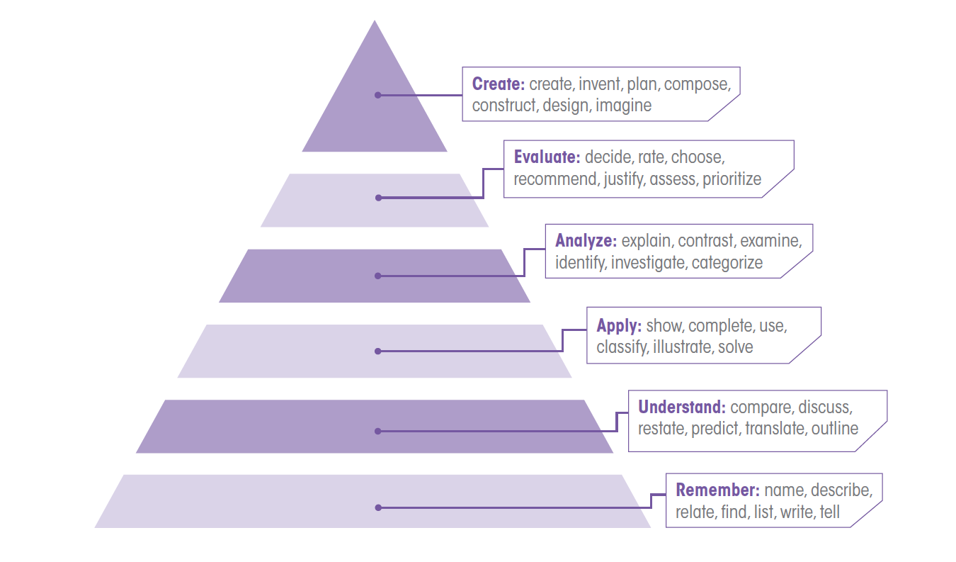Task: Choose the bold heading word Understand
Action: [681, 408]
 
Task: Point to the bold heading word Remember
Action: [717, 490]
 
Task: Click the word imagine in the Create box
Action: [623, 106]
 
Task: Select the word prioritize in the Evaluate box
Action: [732, 179]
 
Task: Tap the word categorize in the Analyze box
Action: [727, 263]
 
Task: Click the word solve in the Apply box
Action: [735, 347]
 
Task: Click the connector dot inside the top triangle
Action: [378, 95]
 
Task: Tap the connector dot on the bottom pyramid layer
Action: [378, 507]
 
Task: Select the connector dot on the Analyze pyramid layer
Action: [378, 276]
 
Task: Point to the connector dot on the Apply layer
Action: [378, 351]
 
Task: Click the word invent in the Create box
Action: [600, 84]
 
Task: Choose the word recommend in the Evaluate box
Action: [555, 179]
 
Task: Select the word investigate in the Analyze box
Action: [648, 263]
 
